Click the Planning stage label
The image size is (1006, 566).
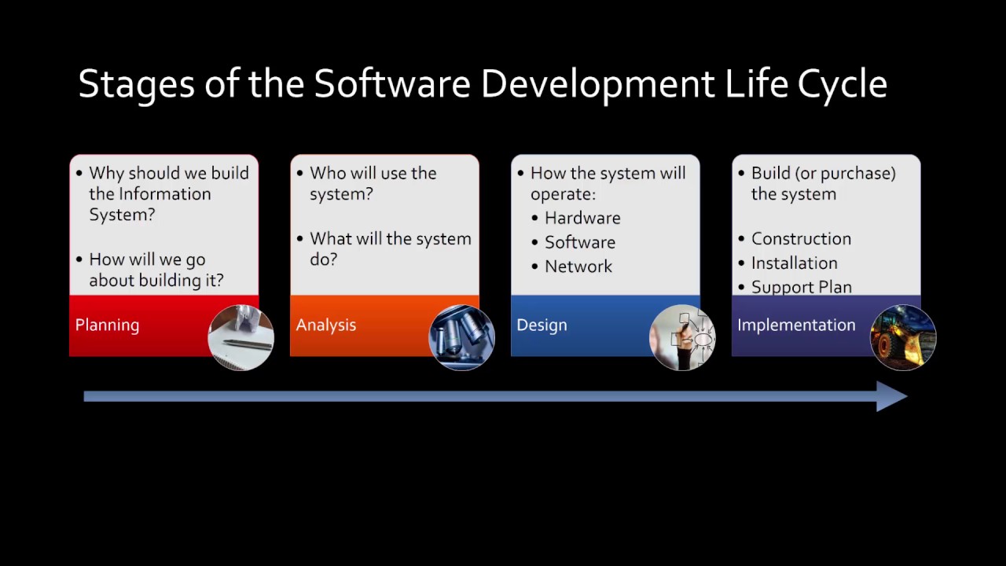(107, 325)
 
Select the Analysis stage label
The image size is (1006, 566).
(325, 325)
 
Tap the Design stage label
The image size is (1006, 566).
(542, 325)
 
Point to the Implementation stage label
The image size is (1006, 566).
(796, 325)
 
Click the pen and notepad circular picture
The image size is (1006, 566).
(240, 337)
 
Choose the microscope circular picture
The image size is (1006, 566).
(461, 337)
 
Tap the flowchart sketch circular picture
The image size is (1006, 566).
(682, 337)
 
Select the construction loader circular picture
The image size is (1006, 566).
(903, 337)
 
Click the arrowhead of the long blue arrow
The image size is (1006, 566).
(893, 397)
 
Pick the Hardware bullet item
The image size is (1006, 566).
(582, 219)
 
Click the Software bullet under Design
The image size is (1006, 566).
(580, 243)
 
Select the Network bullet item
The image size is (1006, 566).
(578, 266)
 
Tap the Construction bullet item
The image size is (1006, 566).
(801, 239)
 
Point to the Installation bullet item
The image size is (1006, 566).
(794, 263)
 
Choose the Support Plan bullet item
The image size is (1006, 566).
(801, 287)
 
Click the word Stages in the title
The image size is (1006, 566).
(136, 84)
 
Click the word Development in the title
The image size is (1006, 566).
(597, 84)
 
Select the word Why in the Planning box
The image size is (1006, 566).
(106, 174)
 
